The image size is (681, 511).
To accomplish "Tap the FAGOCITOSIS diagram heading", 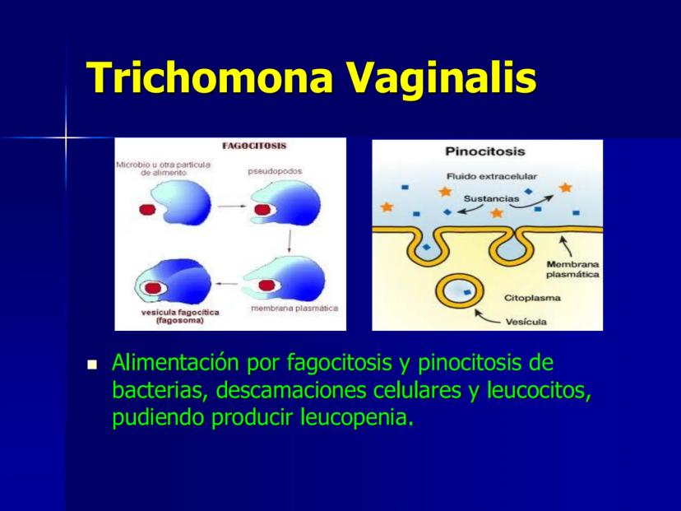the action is point(254,146).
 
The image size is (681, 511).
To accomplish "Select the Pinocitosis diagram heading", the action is point(485,151).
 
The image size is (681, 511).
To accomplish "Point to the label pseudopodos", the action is point(275,171).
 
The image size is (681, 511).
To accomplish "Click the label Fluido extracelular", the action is point(492,176).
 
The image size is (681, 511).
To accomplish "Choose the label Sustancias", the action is point(491,198).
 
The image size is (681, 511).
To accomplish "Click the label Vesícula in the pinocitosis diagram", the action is point(526,322).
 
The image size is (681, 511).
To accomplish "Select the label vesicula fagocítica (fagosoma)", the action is point(180,317).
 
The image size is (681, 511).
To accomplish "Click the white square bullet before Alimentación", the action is point(92,365).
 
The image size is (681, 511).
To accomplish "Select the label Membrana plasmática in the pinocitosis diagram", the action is point(572,269).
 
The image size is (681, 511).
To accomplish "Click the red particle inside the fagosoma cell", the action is point(153,288).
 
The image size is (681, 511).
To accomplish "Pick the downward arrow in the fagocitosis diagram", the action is point(290,242).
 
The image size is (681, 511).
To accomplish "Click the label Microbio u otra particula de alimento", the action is point(164,169).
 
